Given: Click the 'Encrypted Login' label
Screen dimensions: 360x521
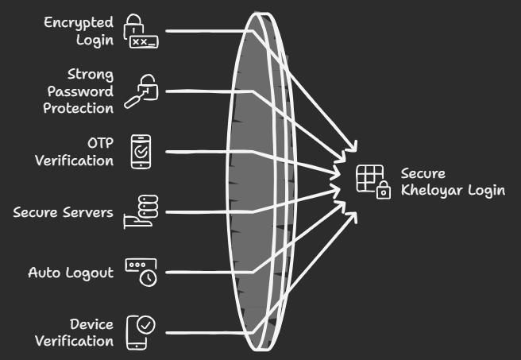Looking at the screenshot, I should coord(79,30).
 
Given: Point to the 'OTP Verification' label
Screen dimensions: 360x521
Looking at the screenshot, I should coord(75,152).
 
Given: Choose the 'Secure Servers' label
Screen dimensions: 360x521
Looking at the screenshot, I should coord(64,213).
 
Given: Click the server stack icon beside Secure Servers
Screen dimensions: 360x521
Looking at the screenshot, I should coord(141,212).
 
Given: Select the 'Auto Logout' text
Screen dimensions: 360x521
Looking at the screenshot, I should coord(71,273).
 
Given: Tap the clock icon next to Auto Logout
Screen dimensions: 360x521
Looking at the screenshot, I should coord(141,272).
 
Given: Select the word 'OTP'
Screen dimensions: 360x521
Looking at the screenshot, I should coord(100,143).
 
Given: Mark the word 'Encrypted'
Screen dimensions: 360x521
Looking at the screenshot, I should coord(79,22).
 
